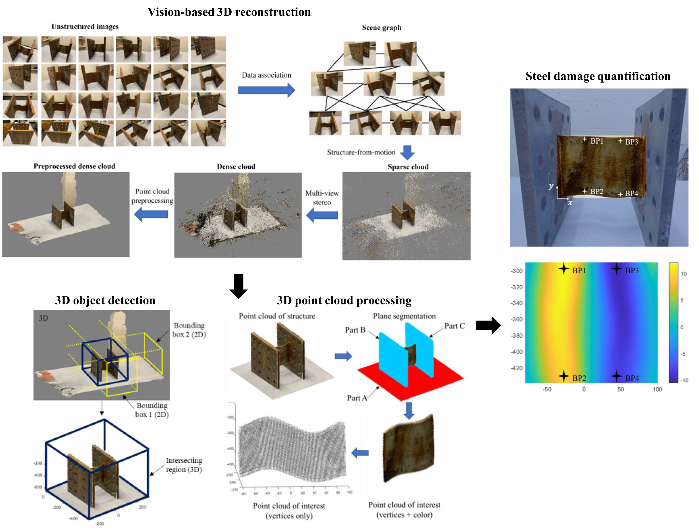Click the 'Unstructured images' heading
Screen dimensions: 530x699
click(x=85, y=27)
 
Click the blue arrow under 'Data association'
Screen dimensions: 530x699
click(x=266, y=90)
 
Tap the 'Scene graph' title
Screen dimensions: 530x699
click(x=381, y=28)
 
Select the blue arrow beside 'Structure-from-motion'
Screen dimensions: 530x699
click(x=407, y=152)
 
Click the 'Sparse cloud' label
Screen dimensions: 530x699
click(x=408, y=167)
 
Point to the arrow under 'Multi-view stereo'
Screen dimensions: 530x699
click(x=322, y=216)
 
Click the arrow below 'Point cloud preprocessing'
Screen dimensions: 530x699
click(x=151, y=214)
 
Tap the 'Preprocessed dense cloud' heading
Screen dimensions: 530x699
click(x=74, y=166)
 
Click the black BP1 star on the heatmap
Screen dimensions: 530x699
click(x=564, y=269)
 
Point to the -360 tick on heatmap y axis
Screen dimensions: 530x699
click(x=517, y=319)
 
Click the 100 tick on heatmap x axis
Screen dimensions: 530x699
click(x=657, y=389)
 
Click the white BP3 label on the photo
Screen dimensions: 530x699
click(x=631, y=142)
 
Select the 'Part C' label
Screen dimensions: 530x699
click(x=454, y=326)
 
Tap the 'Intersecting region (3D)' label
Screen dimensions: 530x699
click(x=184, y=465)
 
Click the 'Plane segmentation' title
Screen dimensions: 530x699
click(x=404, y=316)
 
